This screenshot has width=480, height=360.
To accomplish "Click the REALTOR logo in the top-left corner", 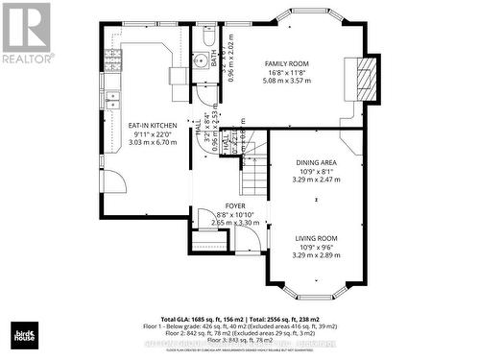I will pyautogui.click(x=27, y=33).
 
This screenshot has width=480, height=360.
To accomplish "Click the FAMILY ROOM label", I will pyautogui.click(x=287, y=63).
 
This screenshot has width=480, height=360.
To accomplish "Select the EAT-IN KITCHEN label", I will pyautogui.click(x=149, y=125).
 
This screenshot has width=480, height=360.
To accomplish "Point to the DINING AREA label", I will pyautogui.click(x=316, y=164).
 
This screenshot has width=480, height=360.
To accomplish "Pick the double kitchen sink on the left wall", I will pyautogui.click(x=112, y=96).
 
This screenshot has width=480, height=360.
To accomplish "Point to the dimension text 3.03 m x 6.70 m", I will pyautogui.click(x=149, y=142).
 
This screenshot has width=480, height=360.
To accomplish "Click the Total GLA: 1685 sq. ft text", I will pyautogui.click(x=202, y=319).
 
